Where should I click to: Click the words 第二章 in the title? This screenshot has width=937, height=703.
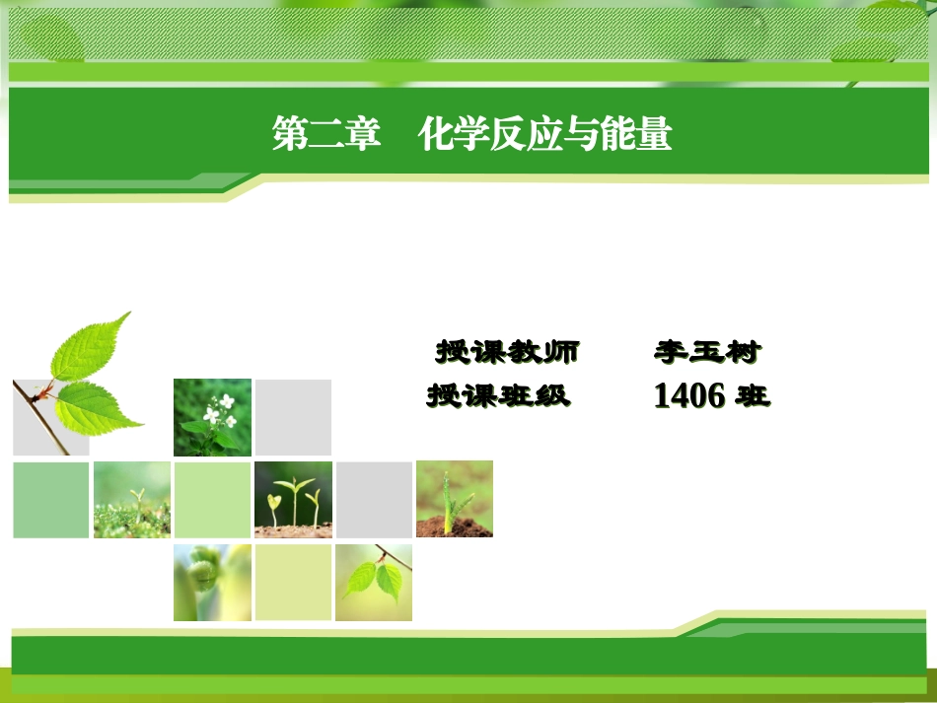(x=326, y=135)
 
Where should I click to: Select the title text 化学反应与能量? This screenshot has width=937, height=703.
(x=544, y=135)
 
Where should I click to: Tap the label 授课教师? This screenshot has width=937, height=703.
(x=507, y=352)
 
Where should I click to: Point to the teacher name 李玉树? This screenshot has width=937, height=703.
(x=707, y=352)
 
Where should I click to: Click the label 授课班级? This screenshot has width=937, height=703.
(x=498, y=396)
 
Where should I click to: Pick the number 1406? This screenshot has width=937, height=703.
(x=689, y=396)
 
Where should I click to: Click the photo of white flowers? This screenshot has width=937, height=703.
(x=212, y=417)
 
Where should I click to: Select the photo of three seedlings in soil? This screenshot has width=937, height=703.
(x=293, y=499)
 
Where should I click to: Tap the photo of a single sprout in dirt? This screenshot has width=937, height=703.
(x=454, y=499)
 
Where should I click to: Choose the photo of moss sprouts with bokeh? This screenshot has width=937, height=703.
(x=131, y=499)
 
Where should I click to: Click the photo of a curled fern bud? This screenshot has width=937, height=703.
(x=212, y=582)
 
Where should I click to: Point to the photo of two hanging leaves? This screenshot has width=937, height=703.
(x=374, y=582)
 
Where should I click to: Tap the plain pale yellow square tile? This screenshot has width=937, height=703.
(x=293, y=582)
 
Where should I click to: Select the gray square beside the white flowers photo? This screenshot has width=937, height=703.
(x=293, y=417)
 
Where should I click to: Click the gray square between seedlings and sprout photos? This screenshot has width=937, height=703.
(x=374, y=499)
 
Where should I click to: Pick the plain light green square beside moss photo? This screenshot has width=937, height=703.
(x=212, y=499)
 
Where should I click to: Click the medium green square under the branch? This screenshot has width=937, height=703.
(x=50, y=499)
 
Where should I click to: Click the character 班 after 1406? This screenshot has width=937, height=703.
(x=754, y=396)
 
